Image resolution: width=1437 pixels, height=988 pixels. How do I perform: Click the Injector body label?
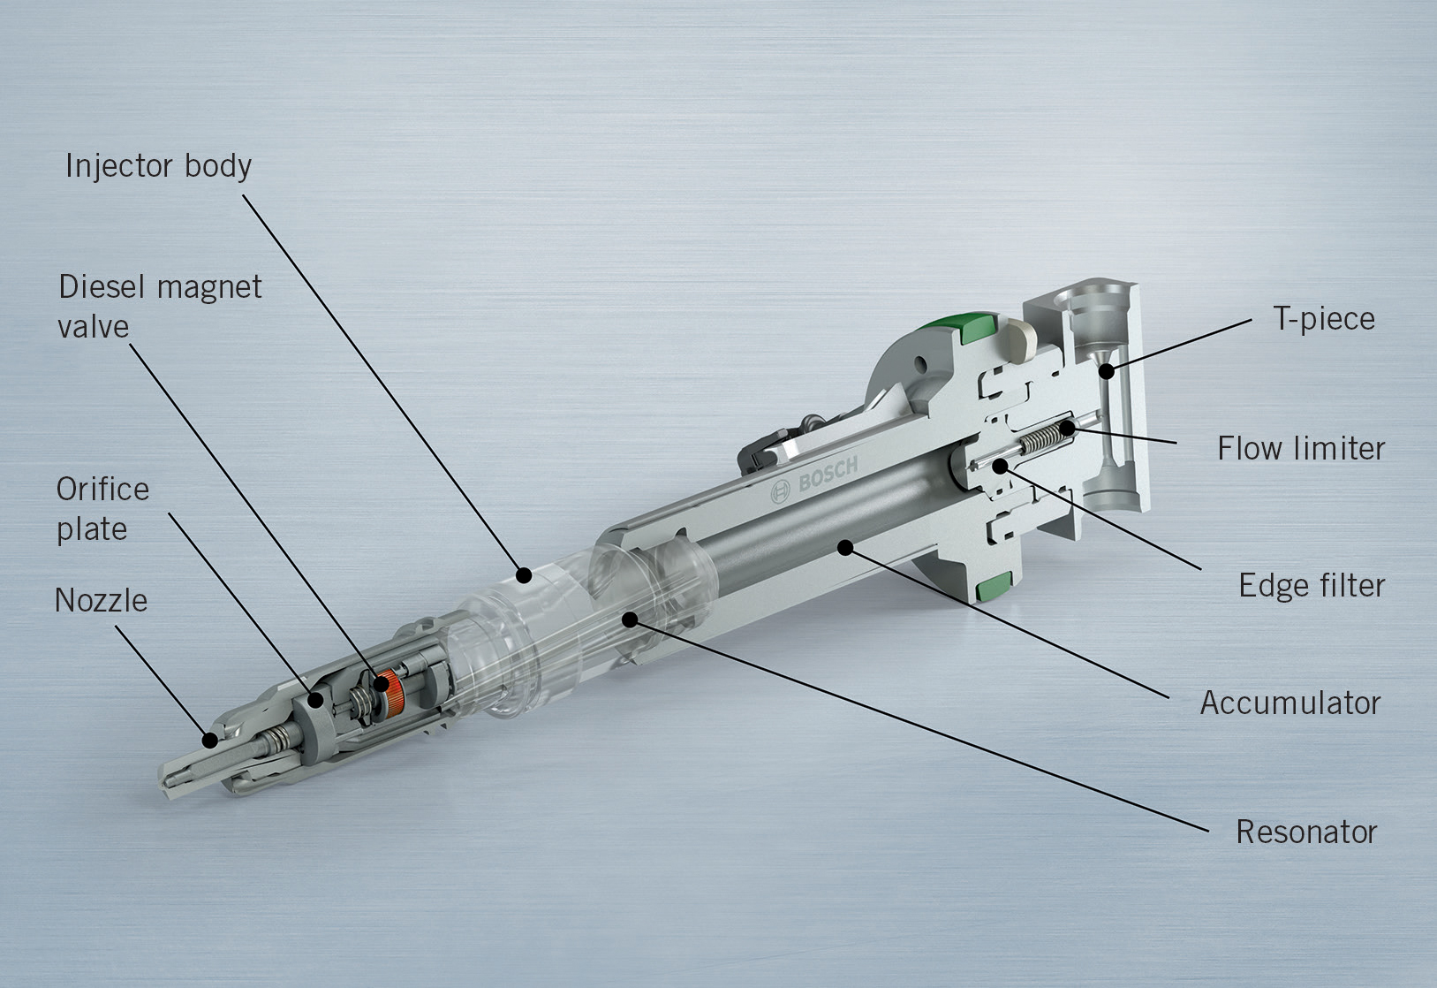pyautogui.click(x=158, y=166)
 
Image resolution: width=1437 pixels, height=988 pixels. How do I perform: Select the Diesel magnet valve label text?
pyautogui.click(x=159, y=306)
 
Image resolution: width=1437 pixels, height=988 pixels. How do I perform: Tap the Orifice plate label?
pyautogui.click(x=102, y=509)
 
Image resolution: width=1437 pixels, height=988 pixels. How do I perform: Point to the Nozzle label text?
pyautogui.click(x=101, y=601)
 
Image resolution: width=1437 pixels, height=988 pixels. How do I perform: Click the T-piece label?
pyautogui.click(x=1323, y=319)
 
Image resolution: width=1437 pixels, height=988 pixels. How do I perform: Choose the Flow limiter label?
pyautogui.click(x=1300, y=449)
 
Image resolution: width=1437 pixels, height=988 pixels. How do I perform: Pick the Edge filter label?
pyautogui.click(x=1311, y=586)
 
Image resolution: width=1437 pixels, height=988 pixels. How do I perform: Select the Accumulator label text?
pyautogui.click(x=1290, y=703)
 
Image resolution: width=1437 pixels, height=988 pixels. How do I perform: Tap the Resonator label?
pyautogui.click(x=1305, y=832)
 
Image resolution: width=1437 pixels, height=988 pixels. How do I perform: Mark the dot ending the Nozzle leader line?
pyautogui.click(x=209, y=739)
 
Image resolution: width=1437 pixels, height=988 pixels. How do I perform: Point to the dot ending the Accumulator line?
pyautogui.click(x=845, y=548)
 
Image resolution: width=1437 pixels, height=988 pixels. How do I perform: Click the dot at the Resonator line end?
pyautogui.click(x=629, y=619)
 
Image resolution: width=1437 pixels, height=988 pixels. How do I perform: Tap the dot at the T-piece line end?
pyautogui.click(x=1106, y=372)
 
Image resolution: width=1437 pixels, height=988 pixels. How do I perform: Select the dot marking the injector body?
pyautogui.click(x=525, y=576)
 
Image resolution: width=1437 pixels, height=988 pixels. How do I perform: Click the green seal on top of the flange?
pyautogui.click(x=978, y=328)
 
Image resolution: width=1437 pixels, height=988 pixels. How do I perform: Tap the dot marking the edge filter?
pyautogui.click(x=1000, y=466)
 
